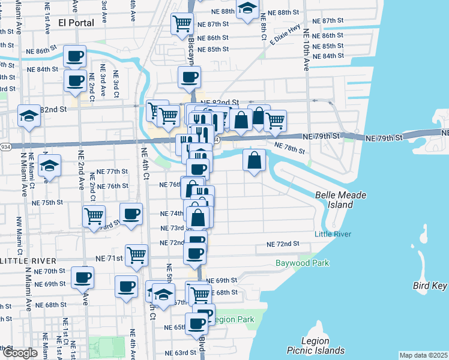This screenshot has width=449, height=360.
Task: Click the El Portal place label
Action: click(x=77, y=23)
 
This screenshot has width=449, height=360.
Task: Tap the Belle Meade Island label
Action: click(x=341, y=200)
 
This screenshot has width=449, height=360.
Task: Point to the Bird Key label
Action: click(x=430, y=286)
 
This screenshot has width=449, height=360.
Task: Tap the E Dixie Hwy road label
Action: click(x=285, y=37)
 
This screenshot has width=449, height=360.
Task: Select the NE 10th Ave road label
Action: click(x=306, y=50)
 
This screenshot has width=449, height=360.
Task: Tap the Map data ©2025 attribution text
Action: click(x=423, y=355)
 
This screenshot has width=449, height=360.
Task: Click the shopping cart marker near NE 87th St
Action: click(x=182, y=25)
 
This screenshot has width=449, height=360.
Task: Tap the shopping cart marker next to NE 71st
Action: click(x=136, y=256)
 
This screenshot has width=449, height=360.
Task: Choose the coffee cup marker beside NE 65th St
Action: click(x=196, y=324)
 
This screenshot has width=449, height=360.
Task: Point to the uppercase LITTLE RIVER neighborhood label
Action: click(x=28, y=261)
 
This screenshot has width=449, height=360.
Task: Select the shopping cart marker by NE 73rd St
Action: click(x=94, y=216)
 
